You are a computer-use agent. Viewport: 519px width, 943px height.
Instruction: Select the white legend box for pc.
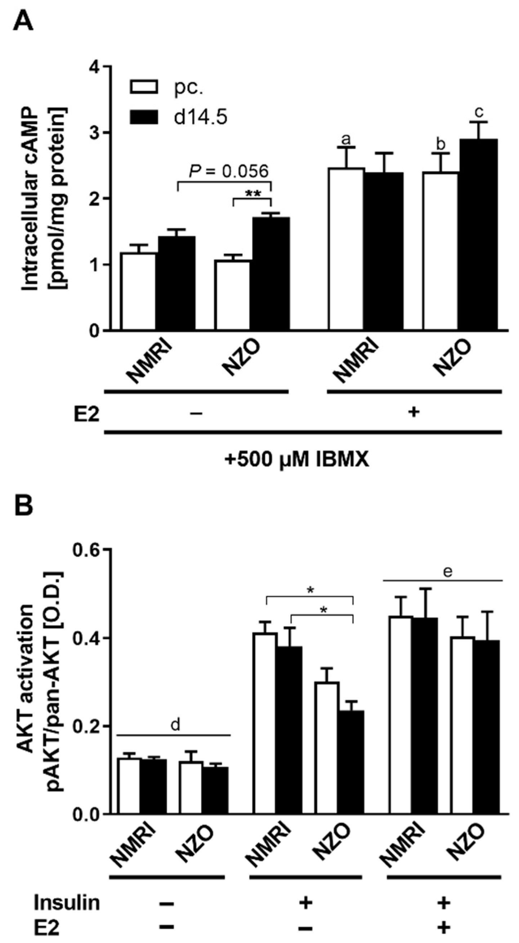pyautogui.click(x=144, y=87)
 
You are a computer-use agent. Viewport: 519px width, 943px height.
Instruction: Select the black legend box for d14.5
pyautogui.click(x=144, y=117)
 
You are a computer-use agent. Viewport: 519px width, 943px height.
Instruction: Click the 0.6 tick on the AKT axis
pyautogui.click(x=86, y=551)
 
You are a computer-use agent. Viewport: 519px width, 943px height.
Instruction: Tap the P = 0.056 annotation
pyautogui.click(x=229, y=171)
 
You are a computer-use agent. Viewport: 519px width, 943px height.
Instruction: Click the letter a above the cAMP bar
pyautogui.click(x=346, y=139)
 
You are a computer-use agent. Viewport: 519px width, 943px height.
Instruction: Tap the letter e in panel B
pyautogui.click(x=448, y=571)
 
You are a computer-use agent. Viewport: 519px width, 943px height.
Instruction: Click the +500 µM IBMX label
pyautogui.click(x=297, y=460)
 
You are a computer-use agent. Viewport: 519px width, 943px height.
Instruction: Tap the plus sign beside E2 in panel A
pyautogui.click(x=414, y=412)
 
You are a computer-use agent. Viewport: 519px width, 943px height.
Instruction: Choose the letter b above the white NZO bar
pyautogui.click(x=440, y=144)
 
